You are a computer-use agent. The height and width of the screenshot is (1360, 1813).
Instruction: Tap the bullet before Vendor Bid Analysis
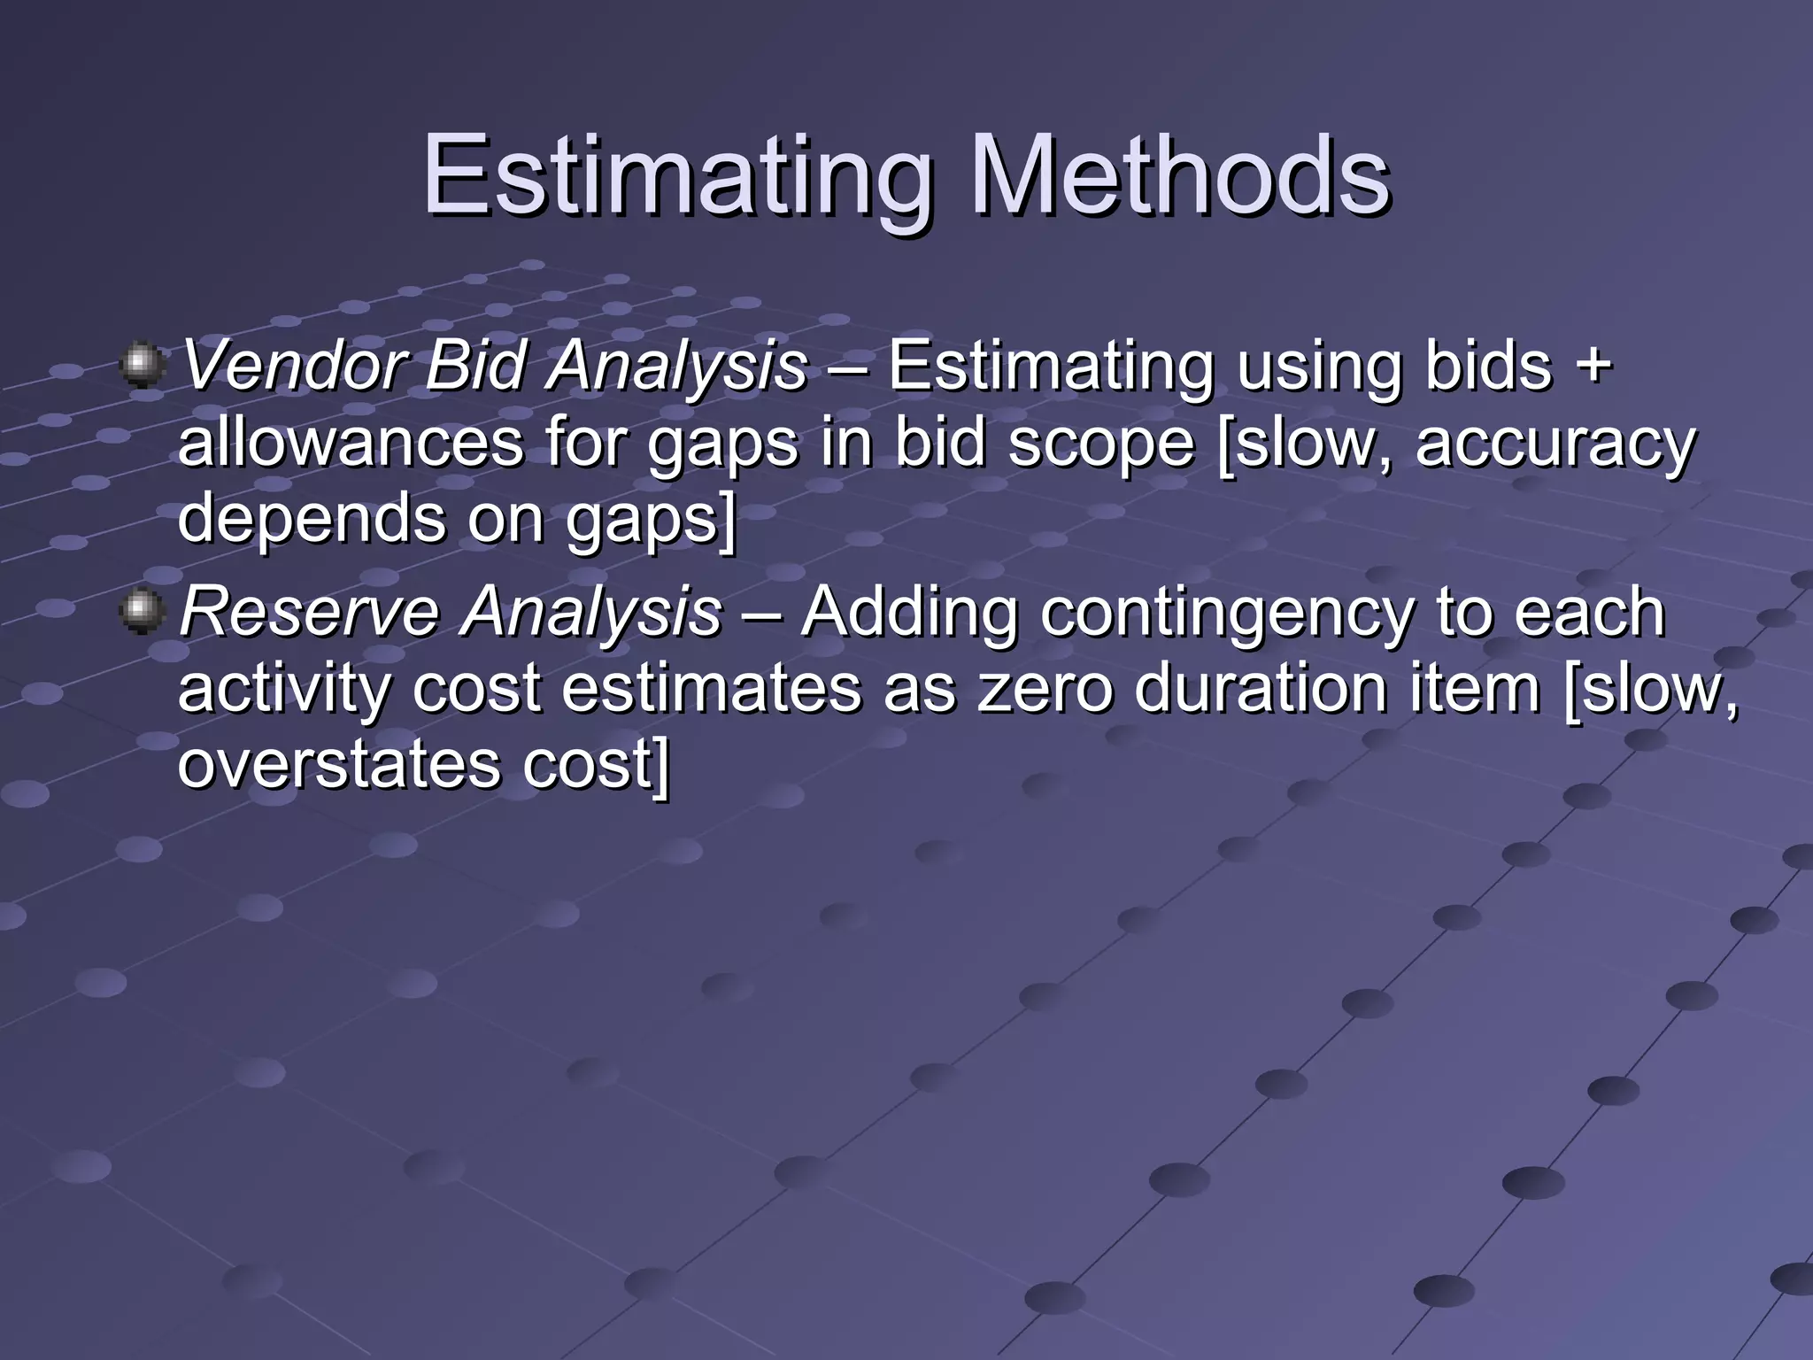141,366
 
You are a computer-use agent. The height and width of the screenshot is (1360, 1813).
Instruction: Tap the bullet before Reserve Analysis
141,612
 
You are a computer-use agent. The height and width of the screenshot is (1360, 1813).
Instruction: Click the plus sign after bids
1593,366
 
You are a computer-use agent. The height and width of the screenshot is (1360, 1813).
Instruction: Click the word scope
1100,445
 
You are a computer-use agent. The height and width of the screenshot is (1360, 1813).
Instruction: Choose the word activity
282,690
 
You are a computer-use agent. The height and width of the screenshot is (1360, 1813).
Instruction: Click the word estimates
711,690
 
